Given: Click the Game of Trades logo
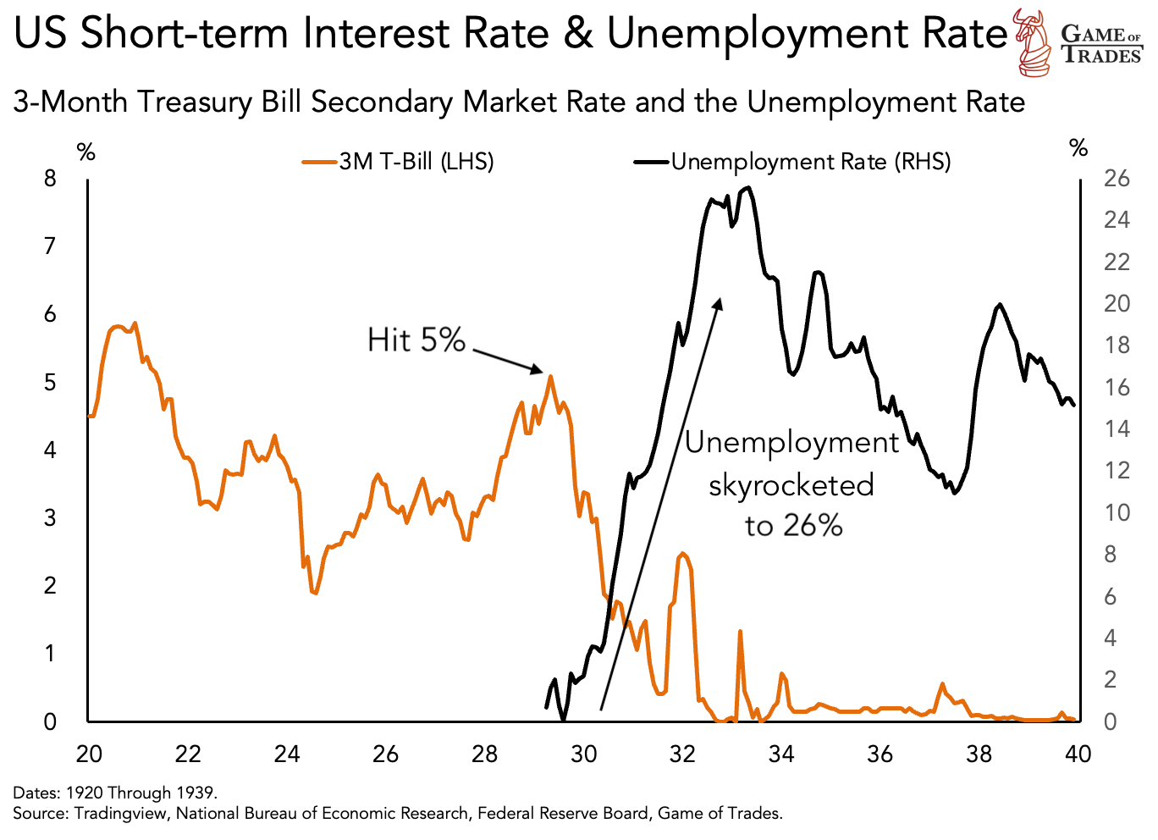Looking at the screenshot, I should pos(1080,42).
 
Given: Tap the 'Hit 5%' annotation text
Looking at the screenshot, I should pos(416,340).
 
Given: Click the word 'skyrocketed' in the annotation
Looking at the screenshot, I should pos(791,485).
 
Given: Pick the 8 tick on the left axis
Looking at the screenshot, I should pos(51,179).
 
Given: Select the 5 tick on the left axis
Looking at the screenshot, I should pos(51,382).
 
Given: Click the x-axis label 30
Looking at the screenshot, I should pos(583,753).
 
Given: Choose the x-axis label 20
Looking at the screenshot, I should pos(88,753).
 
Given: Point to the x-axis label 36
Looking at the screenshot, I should pos(880,753).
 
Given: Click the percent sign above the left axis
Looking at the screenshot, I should pos(85,153).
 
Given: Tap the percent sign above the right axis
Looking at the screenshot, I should pos(1078,149).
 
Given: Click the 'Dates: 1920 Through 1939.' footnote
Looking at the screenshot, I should pos(116,793).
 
